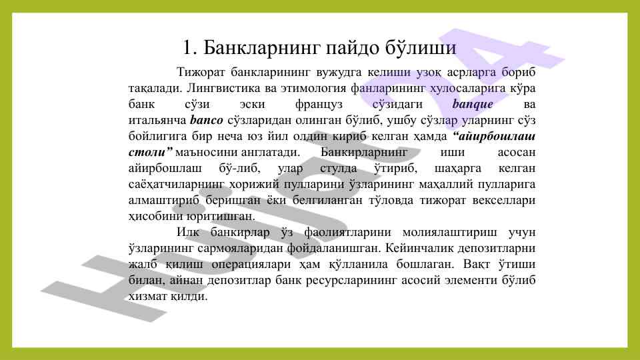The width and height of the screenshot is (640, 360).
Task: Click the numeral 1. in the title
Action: tap(190, 48)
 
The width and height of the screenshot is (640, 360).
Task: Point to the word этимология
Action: tap(313, 88)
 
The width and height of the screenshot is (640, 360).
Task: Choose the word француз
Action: tap(319, 105)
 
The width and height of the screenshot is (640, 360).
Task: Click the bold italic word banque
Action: tap(472, 105)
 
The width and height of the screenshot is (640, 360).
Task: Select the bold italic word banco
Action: tap(207, 121)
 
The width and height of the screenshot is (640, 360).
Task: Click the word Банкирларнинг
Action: tap(364, 152)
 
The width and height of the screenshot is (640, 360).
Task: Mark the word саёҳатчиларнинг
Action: tap(176, 184)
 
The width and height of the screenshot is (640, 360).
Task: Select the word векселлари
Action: tap(504, 201)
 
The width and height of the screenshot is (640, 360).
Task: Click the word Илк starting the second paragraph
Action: tap(188, 232)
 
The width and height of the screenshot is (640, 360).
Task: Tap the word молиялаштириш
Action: tap(450, 233)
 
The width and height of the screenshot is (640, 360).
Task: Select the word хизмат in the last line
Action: tap(147, 296)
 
